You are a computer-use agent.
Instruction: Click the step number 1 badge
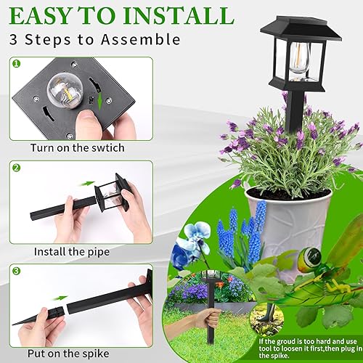click(x=17, y=64)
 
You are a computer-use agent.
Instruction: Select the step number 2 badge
click(x=17, y=168)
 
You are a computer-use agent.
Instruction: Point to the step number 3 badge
click(x=17, y=270)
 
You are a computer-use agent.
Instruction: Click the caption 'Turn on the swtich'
click(x=77, y=148)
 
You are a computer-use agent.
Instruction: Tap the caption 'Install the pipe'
click(x=72, y=252)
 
